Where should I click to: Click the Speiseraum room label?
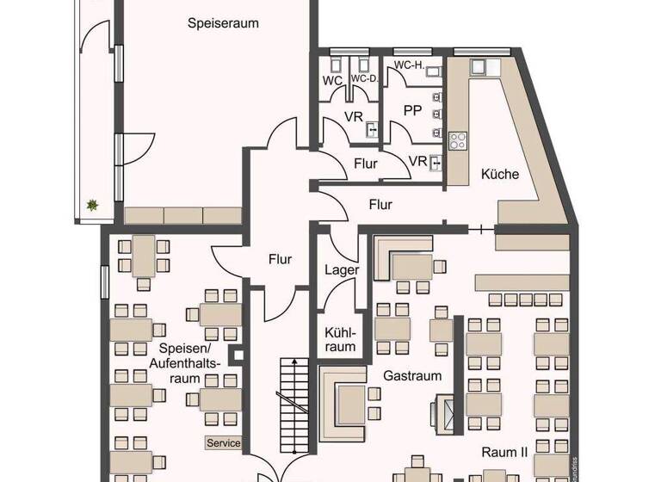pyautogui.click(x=223, y=23)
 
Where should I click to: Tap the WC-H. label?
pyautogui.click(x=411, y=66)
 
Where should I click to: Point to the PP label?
pyautogui.click(x=412, y=110)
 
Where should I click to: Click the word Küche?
pyautogui.click(x=500, y=174)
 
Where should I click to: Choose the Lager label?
pyautogui.click(x=342, y=269)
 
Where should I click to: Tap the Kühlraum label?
pyautogui.click(x=341, y=340)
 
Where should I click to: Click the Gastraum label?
pyautogui.click(x=413, y=375)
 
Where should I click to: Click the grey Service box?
pyautogui.click(x=223, y=443)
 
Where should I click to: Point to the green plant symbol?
pyautogui.click(x=91, y=205)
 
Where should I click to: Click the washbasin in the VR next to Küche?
pyautogui.click(x=437, y=161)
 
